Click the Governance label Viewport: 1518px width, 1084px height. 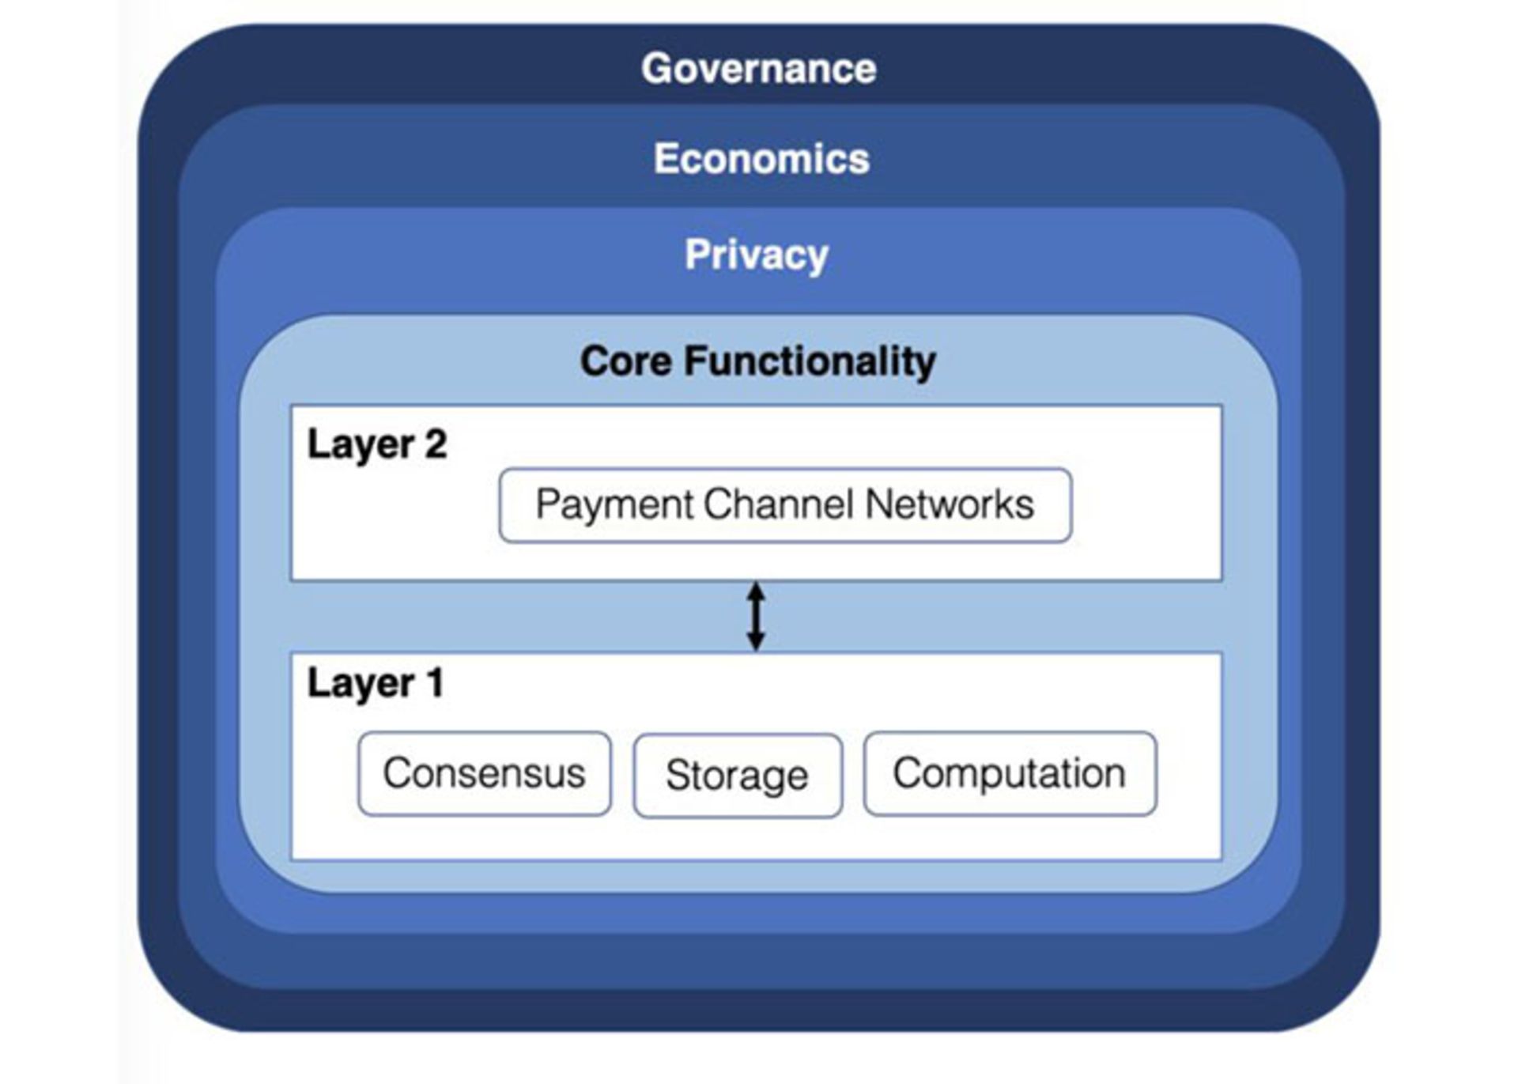point(758,69)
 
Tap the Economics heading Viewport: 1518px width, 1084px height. point(761,159)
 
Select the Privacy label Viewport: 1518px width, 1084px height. point(757,255)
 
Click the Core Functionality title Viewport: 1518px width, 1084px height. point(757,361)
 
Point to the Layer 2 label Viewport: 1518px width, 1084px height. point(377,444)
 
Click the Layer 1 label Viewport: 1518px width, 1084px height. point(376,683)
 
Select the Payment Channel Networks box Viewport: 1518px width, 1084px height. point(785,505)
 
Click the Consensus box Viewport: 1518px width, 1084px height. point(484,773)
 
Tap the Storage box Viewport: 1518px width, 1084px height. point(737,775)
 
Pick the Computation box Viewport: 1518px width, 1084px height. point(1010,773)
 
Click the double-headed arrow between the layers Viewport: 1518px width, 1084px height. point(756,617)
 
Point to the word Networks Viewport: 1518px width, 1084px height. point(950,504)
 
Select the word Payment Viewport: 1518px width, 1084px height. point(614,505)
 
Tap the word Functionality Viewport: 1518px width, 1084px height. point(810,361)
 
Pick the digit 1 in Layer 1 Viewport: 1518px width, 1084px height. point(434,683)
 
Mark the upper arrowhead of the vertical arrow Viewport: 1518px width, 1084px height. point(756,591)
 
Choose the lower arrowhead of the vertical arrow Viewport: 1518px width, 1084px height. point(756,641)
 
